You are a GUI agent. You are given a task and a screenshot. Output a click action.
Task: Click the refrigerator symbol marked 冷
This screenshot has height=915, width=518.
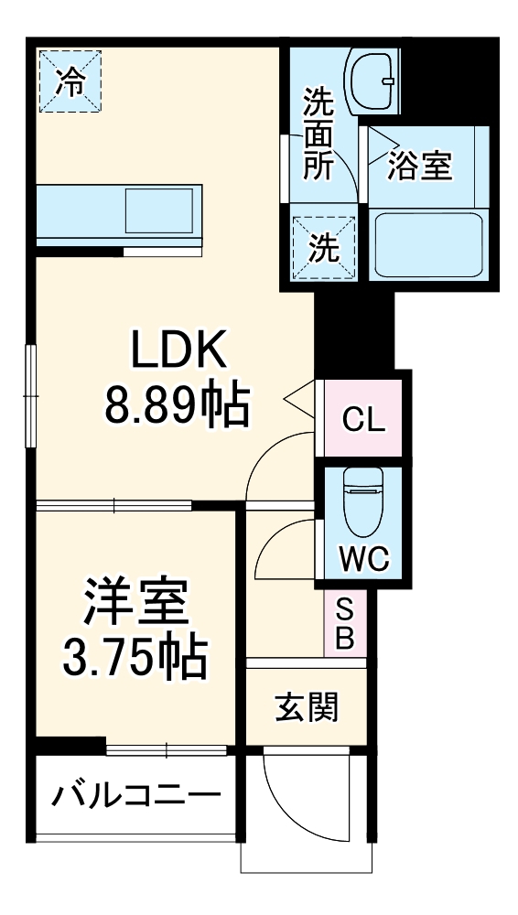pyautogui.click(x=70, y=81)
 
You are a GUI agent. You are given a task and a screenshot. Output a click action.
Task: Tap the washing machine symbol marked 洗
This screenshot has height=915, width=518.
pyautogui.click(x=322, y=248)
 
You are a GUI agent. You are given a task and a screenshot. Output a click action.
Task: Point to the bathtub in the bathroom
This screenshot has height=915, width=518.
pyautogui.click(x=427, y=244)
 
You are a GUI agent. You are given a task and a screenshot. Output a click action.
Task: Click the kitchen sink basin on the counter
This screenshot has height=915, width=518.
pyautogui.click(x=159, y=210)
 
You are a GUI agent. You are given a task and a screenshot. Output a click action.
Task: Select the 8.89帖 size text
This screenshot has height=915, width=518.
pyautogui.click(x=177, y=407)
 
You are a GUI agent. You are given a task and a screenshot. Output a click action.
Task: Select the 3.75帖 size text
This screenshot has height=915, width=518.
pyautogui.click(x=135, y=655)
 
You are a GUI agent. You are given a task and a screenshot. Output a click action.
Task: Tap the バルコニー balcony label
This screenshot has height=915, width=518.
pyautogui.click(x=135, y=794)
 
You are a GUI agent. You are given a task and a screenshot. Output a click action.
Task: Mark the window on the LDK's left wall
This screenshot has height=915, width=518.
pyautogui.click(x=30, y=396)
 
